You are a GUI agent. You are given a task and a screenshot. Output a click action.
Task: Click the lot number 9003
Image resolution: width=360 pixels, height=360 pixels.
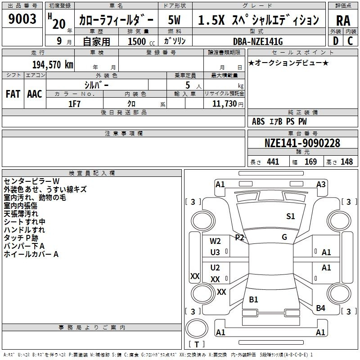tap(22, 19)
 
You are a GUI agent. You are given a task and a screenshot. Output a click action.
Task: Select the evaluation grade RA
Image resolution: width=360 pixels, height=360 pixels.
tap(343, 21)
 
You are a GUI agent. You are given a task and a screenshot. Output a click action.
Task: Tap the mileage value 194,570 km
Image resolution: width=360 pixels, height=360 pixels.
tap(53, 64)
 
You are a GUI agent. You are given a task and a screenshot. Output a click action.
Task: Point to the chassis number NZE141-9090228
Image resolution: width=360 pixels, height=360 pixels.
tap(302, 143)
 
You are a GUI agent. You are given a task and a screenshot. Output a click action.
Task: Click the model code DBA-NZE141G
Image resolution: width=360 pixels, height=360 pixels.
tap(258, 41)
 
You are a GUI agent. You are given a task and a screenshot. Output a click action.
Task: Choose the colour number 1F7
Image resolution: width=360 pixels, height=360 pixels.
tap(74, 104)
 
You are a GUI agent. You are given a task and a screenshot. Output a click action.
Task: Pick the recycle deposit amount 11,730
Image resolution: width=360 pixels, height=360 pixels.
tap(224, 103)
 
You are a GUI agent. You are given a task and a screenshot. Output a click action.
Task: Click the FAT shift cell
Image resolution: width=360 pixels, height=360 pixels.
tap(13, 94)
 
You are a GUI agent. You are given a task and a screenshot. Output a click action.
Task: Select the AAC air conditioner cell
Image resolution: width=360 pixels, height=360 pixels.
tap(35, 94)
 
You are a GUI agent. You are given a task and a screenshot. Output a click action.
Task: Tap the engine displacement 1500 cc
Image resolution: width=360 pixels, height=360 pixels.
tap(141, 41)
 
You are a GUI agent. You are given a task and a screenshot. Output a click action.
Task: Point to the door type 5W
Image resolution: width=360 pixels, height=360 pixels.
tap(174, 20)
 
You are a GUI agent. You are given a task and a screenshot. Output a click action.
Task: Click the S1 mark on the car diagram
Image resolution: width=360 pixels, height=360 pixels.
tap(290, 216)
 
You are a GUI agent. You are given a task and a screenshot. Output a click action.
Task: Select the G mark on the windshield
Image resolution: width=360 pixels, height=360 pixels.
tap(284, 237)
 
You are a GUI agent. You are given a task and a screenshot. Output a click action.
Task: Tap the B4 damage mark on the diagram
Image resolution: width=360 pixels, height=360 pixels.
tap(320, 308)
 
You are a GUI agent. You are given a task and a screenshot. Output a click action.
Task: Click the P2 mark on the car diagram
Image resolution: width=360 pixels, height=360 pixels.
tap(239, 237)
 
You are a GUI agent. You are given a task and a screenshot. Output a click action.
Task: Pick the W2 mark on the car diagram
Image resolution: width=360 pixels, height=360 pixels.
tap(215, 241)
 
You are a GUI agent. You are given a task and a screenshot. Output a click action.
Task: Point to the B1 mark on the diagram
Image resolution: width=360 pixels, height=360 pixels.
tap(253, 299)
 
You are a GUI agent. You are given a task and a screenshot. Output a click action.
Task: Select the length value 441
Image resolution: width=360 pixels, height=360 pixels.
tap(273, 162)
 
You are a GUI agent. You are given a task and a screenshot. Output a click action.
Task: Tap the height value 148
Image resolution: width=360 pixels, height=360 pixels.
tap(346, 162)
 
